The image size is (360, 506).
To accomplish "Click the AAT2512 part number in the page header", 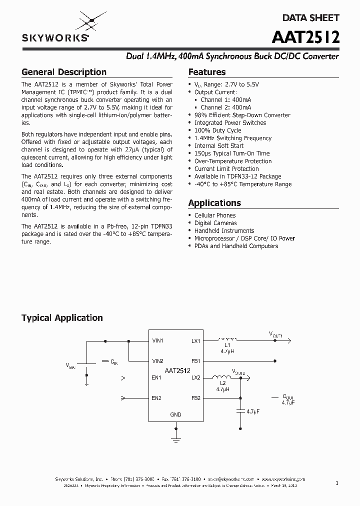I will [306, 37].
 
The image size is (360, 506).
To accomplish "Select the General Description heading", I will [64, 72].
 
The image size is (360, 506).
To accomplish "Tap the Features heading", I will [207, 72].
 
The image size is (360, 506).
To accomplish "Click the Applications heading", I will [214, 203].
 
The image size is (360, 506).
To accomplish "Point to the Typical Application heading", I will [62, 318].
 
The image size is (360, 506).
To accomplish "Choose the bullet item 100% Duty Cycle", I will [217, 130].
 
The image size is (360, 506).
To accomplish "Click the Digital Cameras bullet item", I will [215, 223].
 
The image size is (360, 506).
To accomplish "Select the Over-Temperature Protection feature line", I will [233, 161].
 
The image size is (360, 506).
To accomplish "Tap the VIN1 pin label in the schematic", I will [157, 341].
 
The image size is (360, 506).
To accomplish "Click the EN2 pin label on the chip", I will [156, 398].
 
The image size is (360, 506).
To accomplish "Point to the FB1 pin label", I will [195, 361].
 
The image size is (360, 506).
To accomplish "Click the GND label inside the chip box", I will [175, 414].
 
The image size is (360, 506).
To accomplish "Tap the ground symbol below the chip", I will [175, 438].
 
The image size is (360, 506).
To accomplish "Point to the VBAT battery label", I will [70, 366].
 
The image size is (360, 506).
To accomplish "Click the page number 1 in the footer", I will [337, 483].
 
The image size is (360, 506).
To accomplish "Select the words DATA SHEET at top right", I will [310, 17].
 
